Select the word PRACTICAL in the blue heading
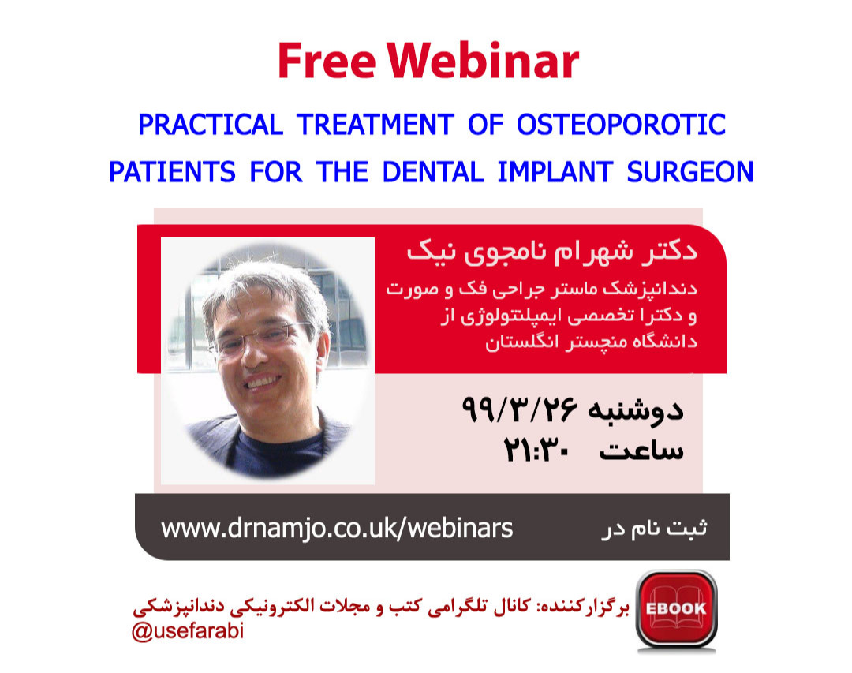pos(210,125)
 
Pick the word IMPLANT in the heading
pos(548,171)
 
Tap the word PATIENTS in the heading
pos(172,171)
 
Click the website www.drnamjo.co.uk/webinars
pos(337,528)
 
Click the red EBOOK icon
pos(676,608)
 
